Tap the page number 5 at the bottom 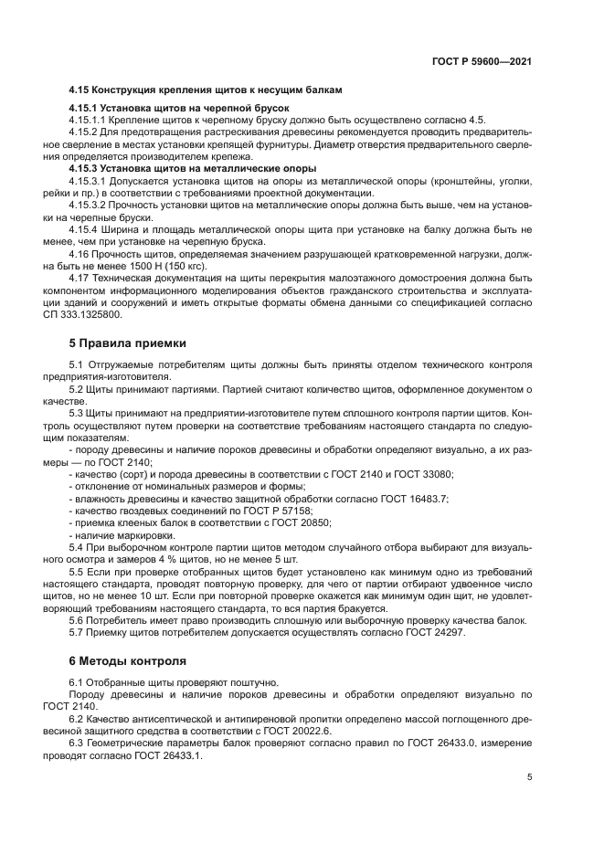(x=529, y=777)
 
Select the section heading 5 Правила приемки (x=128, y=343)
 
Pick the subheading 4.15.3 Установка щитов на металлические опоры (x=193, y=168)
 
